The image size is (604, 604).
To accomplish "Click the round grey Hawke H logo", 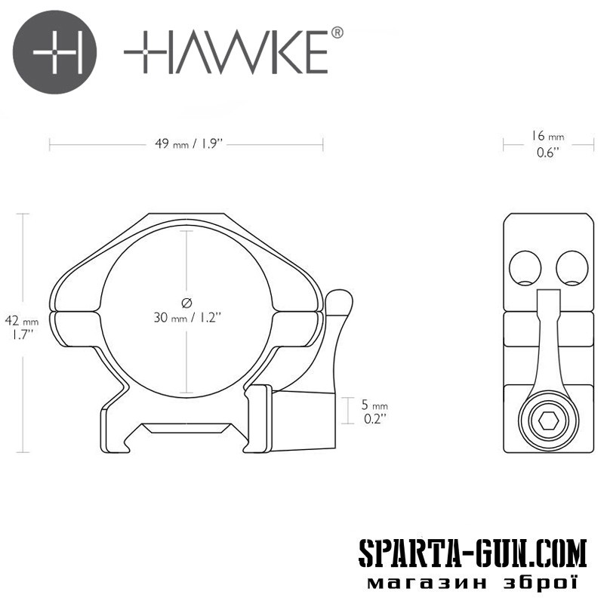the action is [x=54, y=51].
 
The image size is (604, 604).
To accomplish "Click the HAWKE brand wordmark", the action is [x=226, y=52].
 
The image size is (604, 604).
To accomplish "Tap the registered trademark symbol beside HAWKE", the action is [x=337, y=32].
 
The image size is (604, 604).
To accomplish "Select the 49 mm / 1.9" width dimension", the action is [x=189, y=144].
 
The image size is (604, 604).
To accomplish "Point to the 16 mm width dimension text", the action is [x=548, y=137].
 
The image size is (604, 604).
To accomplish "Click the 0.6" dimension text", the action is [x=548, y=153].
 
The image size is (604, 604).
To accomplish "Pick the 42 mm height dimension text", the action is [x=22, y=320].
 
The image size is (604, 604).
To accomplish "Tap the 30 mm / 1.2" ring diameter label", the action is [x=187, y=318].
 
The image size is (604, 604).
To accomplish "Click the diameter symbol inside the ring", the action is [x=186, y=303].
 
